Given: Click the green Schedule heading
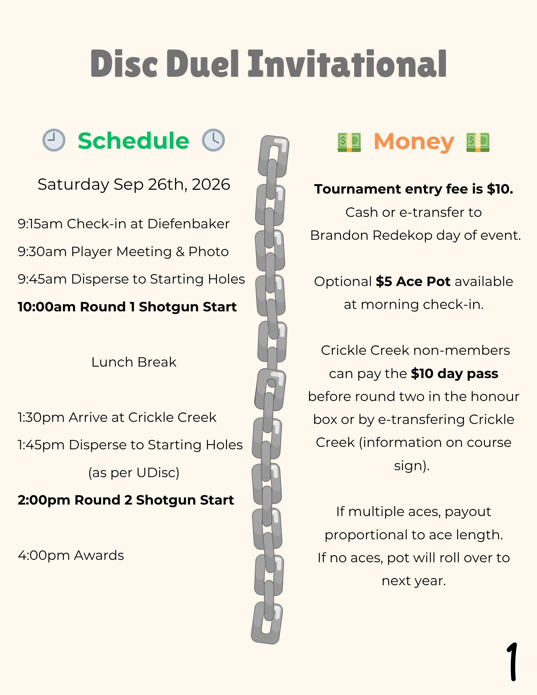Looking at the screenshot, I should [133, 141].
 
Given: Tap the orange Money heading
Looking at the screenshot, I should [414, 142].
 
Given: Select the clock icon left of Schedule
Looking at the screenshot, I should [54, 140].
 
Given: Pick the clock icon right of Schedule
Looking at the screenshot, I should [213, 140].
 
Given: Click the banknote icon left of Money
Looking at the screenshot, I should [349, 142].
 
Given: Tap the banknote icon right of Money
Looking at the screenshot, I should [478, 142].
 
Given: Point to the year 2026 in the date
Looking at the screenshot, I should [211, 184].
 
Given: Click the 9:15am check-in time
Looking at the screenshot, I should [40, 224].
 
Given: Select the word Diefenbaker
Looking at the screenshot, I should [188, 224].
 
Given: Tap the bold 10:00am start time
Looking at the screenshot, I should [47, 307].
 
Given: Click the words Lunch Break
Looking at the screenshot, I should [134, 362].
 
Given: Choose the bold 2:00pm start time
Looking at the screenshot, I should [44, 500].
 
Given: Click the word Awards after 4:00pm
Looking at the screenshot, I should [99, 555].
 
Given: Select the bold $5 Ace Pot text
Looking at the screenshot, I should [413, 281].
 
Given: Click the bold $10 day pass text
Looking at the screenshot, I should [454, 374].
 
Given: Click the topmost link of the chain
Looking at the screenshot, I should [274, 156].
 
